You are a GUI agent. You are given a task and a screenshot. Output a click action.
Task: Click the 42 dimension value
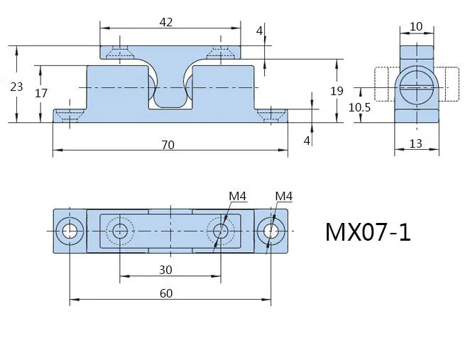166,22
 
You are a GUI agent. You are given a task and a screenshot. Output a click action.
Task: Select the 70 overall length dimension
168,145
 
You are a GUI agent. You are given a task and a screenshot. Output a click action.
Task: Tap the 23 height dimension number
16,87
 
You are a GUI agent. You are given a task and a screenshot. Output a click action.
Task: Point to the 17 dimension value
41,94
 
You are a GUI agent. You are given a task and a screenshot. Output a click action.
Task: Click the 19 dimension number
337,91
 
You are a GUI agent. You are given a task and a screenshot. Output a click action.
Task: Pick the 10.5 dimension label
359,107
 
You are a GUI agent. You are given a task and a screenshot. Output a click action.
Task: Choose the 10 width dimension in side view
416,27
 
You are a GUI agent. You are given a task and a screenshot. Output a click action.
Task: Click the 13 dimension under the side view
416,144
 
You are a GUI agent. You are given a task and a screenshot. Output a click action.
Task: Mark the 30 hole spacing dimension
165,270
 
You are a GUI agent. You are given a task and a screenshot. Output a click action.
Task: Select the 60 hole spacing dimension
166,293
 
